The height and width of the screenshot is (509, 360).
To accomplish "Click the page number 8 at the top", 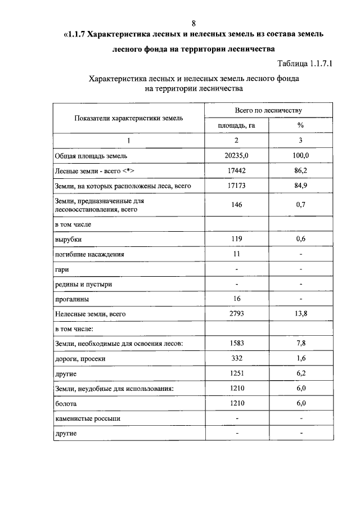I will [x=194, y=23].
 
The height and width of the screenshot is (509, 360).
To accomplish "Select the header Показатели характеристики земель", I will [x=128, y=118].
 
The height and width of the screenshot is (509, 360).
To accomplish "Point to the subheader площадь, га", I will [x=236, y=125].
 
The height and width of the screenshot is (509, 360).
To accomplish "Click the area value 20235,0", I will [x=236, y=155].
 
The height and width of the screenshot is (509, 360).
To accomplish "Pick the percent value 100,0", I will [x=301, y=155].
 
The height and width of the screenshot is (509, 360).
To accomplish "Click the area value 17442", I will [x=236, y=170].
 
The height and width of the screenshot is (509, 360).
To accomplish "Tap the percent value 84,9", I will [x=301, y=184].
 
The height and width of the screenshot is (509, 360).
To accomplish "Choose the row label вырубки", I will [x=68, y=240].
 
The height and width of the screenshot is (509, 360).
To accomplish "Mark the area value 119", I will [x=236, y=239].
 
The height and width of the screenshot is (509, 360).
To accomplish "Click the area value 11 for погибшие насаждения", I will [x=236, y=254].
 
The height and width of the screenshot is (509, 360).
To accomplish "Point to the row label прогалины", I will [x=71, y=299].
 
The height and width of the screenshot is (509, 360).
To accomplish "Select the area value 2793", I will [x=236, y=313].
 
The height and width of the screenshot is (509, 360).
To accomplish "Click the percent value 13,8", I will [x=301, y=313].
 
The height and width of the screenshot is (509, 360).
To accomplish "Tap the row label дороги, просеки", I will [x=80, y=358].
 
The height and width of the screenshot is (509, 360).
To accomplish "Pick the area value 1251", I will [x=236, y=373].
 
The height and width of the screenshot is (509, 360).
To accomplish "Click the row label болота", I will [x=66, y=403].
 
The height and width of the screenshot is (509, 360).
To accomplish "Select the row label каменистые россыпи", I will [x=87, y=418].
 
